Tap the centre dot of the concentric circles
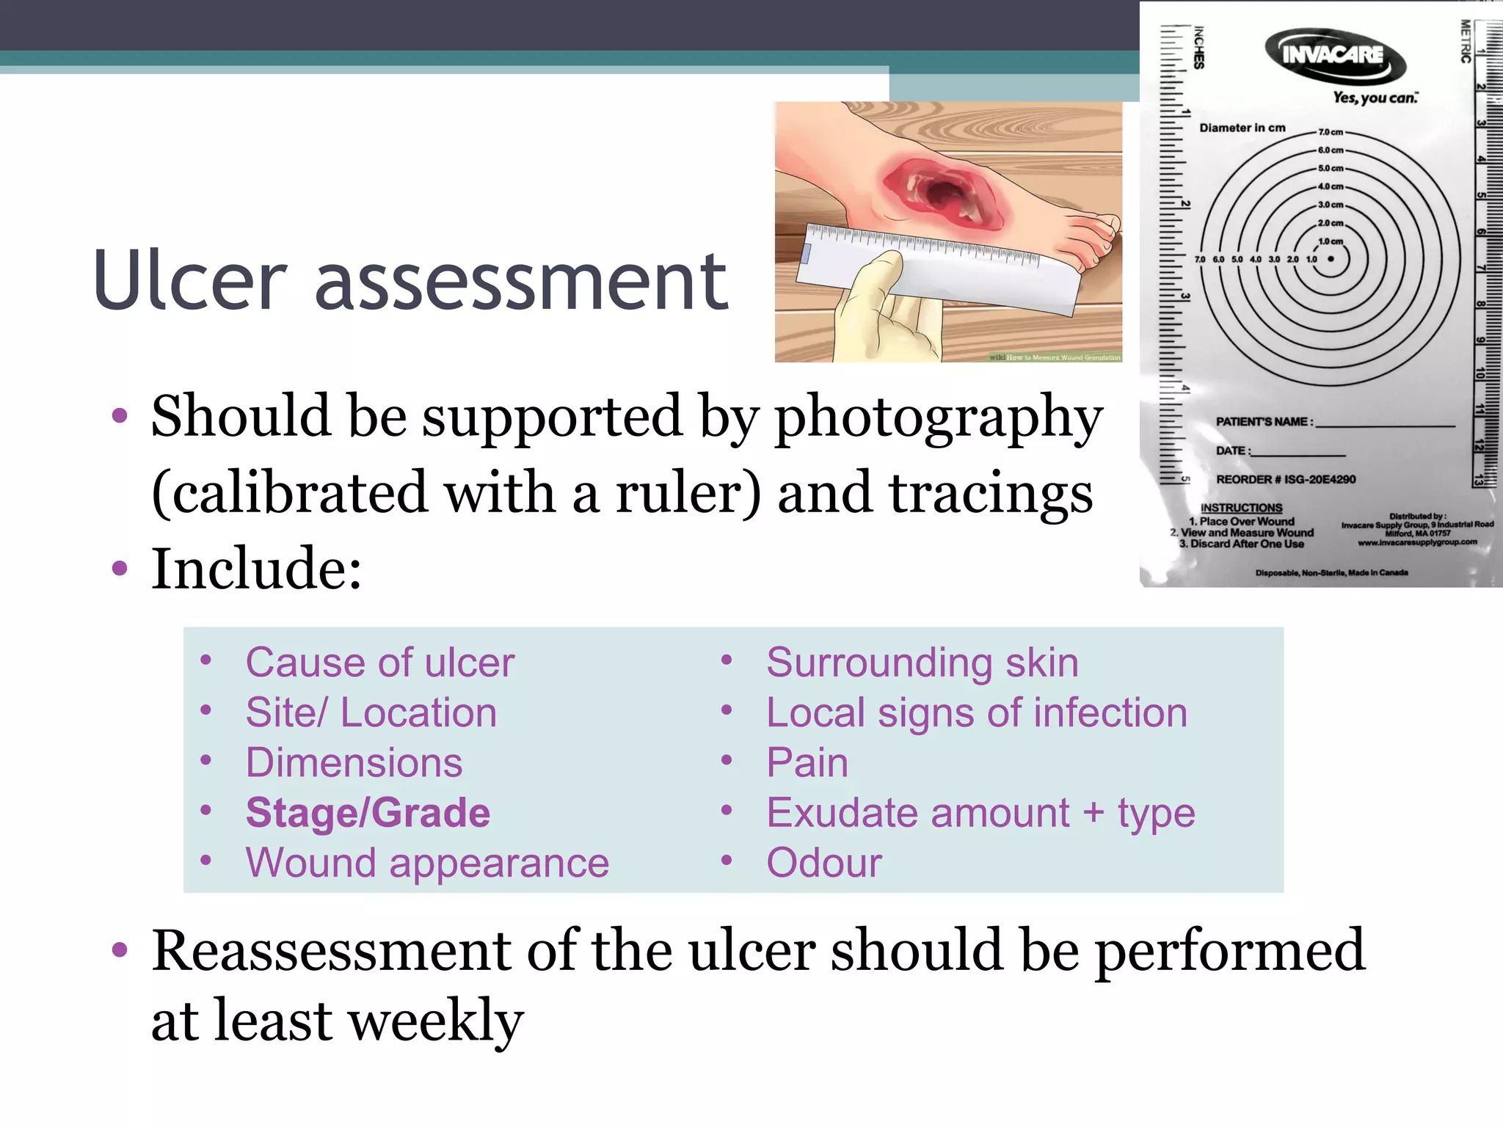pos(1331,259)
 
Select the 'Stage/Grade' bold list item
pos(368,813)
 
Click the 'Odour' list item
pos(824,863)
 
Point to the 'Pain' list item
pos(807,763)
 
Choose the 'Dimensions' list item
pos(354,763)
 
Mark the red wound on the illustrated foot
pos(943,192)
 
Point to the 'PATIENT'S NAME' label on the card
pos(1264,422)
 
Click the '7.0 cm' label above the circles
pos(1331,132)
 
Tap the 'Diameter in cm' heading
pos(1242,128)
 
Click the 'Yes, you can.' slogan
pos(1375,98)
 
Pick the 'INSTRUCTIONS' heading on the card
pos(1241,508)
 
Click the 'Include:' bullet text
pos(256,569)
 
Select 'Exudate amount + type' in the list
pos(980,813)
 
